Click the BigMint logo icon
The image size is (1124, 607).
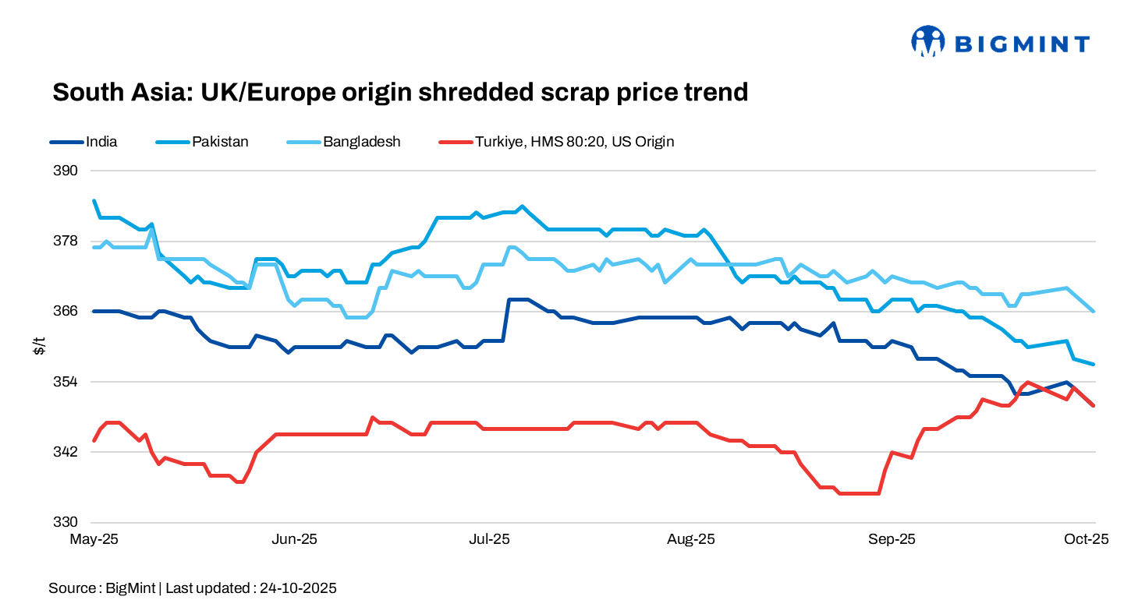927,41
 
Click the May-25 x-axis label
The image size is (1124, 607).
94,539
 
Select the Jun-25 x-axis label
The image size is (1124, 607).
295,539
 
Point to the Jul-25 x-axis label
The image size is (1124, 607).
489,539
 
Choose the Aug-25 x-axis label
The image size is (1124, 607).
690,539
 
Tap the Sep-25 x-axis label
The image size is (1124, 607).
892,539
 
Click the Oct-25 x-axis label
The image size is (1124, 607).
1087,539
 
